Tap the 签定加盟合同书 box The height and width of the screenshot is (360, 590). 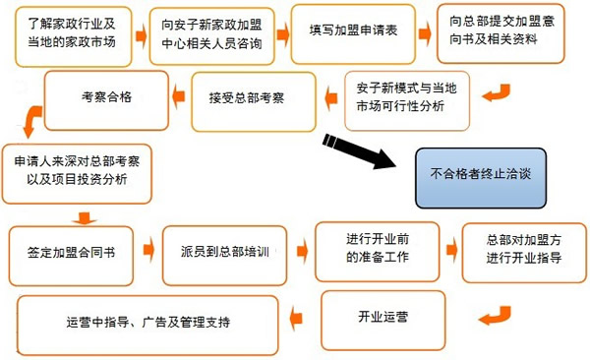[x=80, y=252]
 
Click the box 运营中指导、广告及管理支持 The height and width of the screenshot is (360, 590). [x=154, y=323]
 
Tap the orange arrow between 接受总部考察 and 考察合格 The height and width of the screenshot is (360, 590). [x=178, y=94]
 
